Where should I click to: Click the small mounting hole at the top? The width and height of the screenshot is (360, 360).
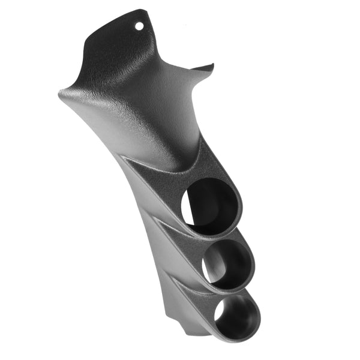pyautogui.click(x=140, y=26)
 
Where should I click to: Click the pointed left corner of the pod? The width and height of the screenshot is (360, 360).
pyautogui.click(x=61, y=93)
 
